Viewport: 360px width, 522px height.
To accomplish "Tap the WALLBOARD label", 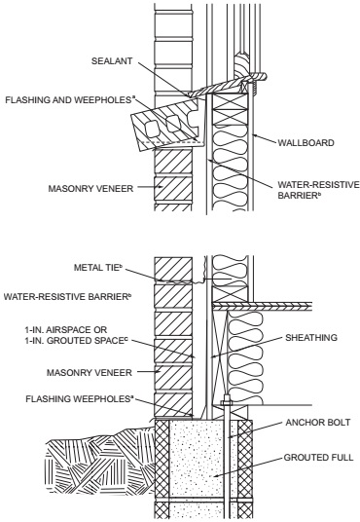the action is (x=306, y=143).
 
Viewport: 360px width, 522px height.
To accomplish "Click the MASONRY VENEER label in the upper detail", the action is (x=90, y=188).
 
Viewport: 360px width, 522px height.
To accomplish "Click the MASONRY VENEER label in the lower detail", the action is (x=90, y=372).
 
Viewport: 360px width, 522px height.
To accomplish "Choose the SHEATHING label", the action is (x=311, y=338).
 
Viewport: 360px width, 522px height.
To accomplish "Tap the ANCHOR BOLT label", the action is (x=318, y=423).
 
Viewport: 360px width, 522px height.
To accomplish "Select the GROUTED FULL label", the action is (x=318, y=458).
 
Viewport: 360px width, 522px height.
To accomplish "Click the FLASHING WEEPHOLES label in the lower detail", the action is (x=80, y=398).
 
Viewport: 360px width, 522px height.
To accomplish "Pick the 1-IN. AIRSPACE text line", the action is (x=66, y=330).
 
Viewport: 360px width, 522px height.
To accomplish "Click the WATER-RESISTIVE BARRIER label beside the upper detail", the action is (x=318, y=190).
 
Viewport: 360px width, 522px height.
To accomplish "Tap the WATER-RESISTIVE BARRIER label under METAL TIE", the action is (x=67, y=296).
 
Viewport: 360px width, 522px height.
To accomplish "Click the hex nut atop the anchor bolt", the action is (x=227, y=403).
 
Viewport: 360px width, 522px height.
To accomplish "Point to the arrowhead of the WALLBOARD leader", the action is (x=255, y=135).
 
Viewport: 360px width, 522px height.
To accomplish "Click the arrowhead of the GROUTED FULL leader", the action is (x=216, y=476).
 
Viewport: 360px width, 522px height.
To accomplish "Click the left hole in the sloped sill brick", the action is (x=151, y=129).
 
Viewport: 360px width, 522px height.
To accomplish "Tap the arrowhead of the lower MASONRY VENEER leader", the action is (x=161, y=372).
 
